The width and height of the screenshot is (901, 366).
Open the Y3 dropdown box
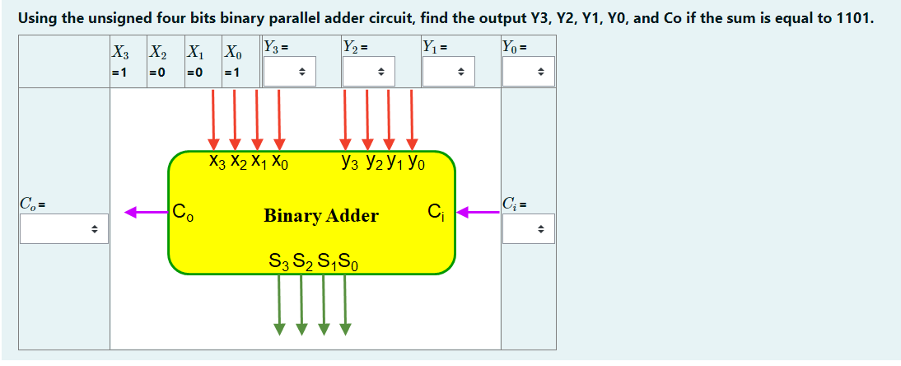290,73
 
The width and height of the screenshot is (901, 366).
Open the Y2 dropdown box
369,73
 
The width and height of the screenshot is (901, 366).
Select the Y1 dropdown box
449,73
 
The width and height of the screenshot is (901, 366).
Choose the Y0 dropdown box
528,73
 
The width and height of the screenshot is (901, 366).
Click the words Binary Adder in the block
321,216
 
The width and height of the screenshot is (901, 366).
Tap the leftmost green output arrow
280,305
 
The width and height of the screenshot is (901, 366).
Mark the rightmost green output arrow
345,305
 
